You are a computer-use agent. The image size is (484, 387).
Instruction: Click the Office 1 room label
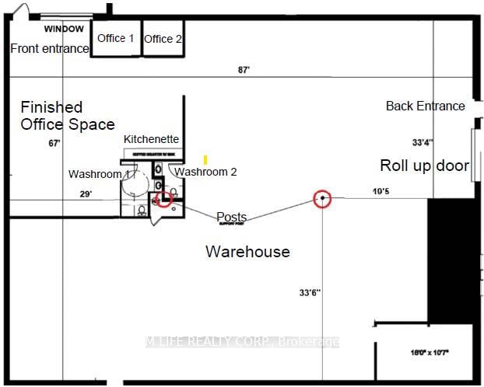coord(115,38)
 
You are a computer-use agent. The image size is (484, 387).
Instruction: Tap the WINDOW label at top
coord(64,29)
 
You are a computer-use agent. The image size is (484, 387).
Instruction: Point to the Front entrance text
coord(50,48)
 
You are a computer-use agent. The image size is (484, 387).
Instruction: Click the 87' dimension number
coord(244,70)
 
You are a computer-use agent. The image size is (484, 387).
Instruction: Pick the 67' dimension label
coord(54,143)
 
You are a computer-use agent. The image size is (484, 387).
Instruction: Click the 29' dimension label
coord(85,194)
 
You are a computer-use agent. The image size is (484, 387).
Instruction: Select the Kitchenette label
coord(152,139)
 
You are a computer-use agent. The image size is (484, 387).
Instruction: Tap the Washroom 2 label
coord(205,172)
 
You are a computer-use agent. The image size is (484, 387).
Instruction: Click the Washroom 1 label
coord(99,174)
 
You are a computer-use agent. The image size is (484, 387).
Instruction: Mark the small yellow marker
coord(205,159)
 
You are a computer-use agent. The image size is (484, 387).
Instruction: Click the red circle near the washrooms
coord(163,200)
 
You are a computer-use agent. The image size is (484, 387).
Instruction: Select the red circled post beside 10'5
coord(322,199)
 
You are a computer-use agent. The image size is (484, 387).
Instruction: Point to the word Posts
coord(232,217)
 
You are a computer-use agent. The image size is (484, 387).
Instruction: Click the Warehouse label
coord(247,251)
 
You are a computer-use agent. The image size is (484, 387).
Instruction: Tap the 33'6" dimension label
coord(310,293)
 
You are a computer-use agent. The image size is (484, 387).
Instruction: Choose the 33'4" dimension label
coord(423,142)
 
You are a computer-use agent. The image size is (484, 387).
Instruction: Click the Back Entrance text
coord(425,106)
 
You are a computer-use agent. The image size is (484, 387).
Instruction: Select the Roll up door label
coord(424,166)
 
